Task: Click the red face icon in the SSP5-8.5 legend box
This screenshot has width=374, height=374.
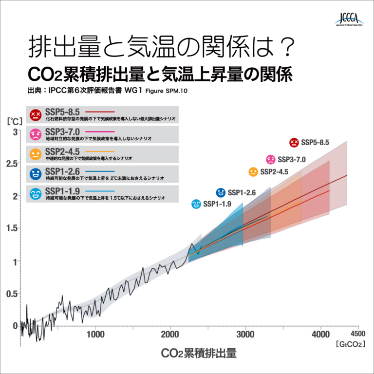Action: click(x=35, y=115)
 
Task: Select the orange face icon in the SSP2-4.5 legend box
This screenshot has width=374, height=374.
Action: click(x=35, y=154)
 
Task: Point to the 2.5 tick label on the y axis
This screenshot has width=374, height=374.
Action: click(x=11, y=164)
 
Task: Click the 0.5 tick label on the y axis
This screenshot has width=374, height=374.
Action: click(x=11, y=294)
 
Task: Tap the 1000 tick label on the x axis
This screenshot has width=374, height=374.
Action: click(x=96, y=334)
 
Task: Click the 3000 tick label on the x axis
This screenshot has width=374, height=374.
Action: click(x=245, y=334)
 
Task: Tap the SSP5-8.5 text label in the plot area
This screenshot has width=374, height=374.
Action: click(x=315, y=143)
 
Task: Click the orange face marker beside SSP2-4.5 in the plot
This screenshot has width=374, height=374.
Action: click(x=253, y=172)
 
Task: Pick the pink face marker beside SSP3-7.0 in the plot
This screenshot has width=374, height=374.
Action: click(x=270, y=159)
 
